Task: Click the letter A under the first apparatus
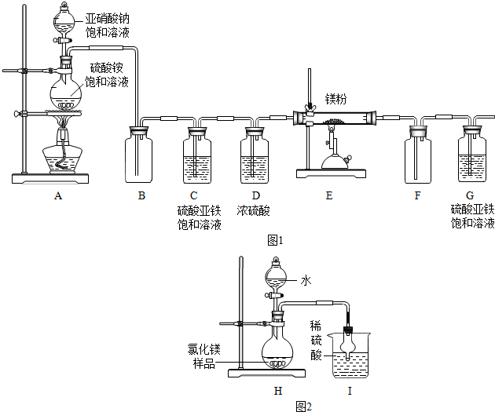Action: pyautogui.click(x=57, y=196)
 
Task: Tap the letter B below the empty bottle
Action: pyautogui.click(x=142, y=196)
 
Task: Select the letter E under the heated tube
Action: pyautogui.click(x=328, y=196)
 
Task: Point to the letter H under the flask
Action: pyautogui.click(x=278, y=390)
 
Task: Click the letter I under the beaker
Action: pyautogui.click(x=350, y=390)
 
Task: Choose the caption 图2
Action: pyautogui.click(x=304, y=406)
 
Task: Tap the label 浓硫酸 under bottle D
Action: pyautogui.click(x=254, y=210)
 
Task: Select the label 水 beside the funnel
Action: pyautogui.click(x=306, y=279)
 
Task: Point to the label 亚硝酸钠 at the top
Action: pyautogui.click(x=108, y=17)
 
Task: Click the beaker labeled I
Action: pyautogui.click(x=350, y=357)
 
